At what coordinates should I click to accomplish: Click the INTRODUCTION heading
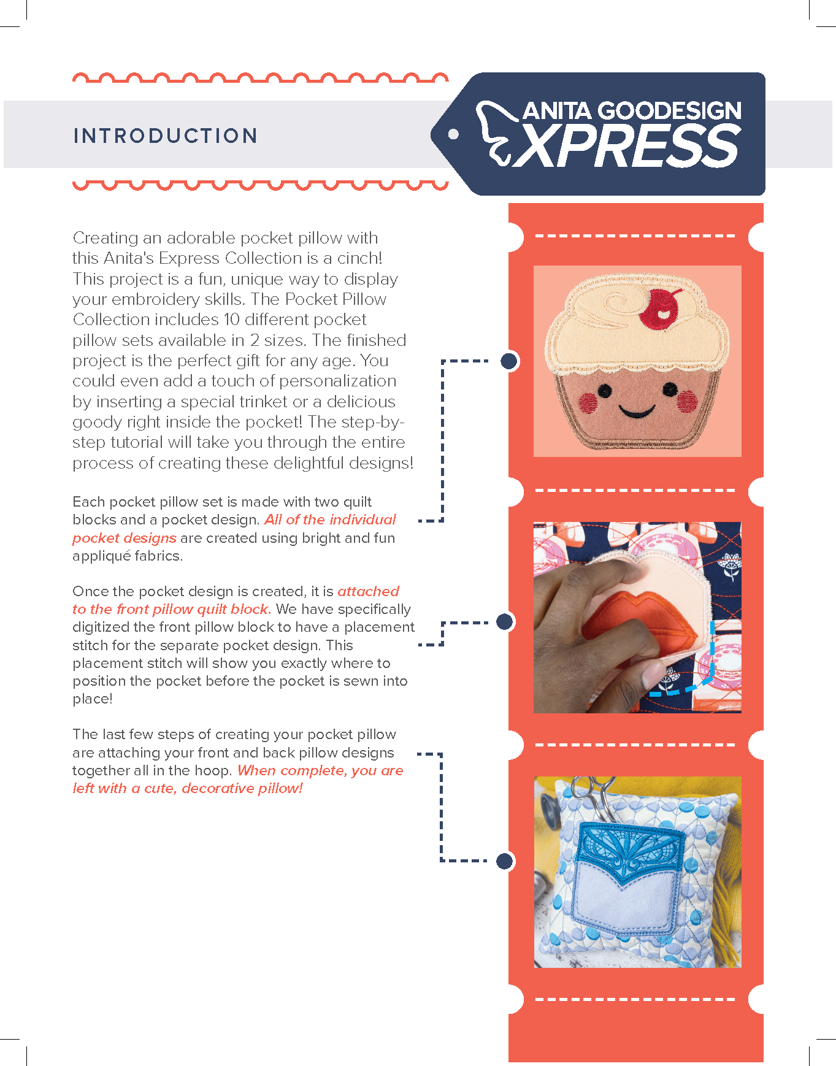tap(165, 136)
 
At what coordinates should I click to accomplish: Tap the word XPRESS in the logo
tap(626, 145)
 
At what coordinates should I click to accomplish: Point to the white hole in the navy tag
tap(453, 134)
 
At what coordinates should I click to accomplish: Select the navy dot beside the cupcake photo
tap(509, 361)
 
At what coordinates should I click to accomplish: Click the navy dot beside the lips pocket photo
tap(504, 622)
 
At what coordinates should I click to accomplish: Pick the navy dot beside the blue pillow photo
tap(504, 861)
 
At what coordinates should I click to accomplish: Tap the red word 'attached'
tap(369, 591)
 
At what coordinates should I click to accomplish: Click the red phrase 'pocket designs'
tap(125, 538)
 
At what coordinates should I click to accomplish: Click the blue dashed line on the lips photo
tap(709, 672)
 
